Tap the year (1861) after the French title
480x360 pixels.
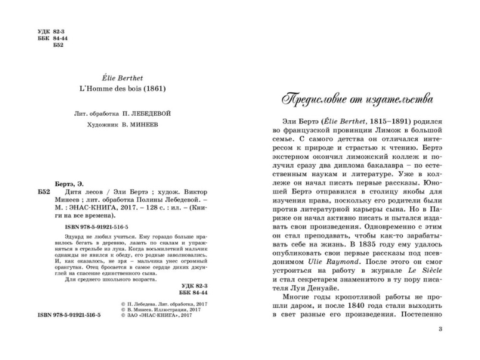[151, 88]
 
